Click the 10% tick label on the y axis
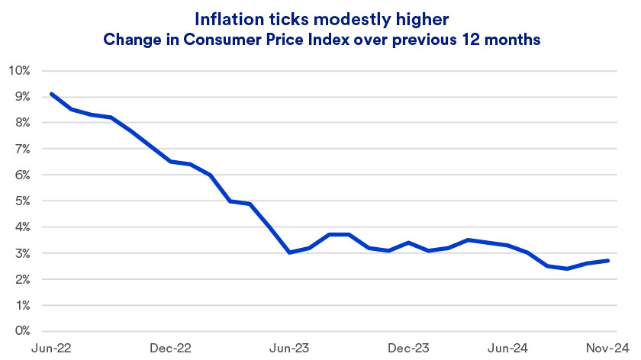pos(19,71)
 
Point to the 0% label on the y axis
pos(21,331)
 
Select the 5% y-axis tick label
pos(21,201)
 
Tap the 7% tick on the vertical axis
pos(21,149)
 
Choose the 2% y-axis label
pos(21,279)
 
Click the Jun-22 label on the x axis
pos(50,348)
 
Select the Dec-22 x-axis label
pos(170,348)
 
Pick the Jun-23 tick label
pos(289,348)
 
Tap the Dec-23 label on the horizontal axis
pos(409,348)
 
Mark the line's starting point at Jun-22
pos(50,94)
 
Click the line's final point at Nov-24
pos(608,261)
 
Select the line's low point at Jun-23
pos(289,252)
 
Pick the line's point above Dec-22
pos(170,162)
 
